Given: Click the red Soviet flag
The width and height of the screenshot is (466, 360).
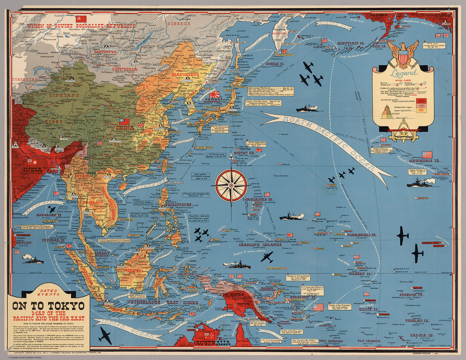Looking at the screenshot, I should click(x=81, y=19).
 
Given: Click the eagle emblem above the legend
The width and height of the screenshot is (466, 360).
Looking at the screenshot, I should click(x=403, y=54).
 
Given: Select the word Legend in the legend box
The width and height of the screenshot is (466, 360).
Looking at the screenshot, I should click(x=404, y=73).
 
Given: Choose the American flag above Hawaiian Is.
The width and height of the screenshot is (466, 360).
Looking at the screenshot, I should click(x=427, y=155).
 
